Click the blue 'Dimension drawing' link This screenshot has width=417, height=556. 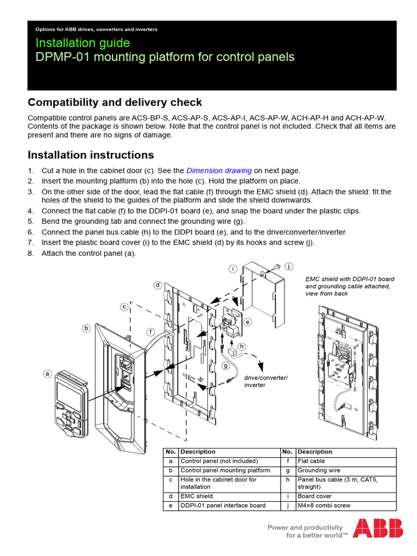coord(219,170)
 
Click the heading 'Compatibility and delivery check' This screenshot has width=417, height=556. coord(115,103)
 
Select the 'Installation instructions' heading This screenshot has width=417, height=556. coord(91,155)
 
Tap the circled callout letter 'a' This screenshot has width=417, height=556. coord(47,374)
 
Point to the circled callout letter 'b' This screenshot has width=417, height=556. coord(86,328)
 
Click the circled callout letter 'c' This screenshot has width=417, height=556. coord(124,307)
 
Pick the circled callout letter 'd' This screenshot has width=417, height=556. coord(157,285)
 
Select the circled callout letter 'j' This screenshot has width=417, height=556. coord(288,266)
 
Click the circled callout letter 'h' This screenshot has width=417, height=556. coord(242,346)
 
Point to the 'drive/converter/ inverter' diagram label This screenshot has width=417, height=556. coord(266,381)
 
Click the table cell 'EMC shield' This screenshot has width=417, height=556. coord(197,496)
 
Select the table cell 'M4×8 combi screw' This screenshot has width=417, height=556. coord(324,506)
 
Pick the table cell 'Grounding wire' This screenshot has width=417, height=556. coord(319,470)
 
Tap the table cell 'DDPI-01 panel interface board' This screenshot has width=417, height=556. coord(223,506)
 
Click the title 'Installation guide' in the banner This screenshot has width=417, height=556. coord(83,43)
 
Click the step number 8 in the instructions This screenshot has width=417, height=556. coord(31,254)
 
